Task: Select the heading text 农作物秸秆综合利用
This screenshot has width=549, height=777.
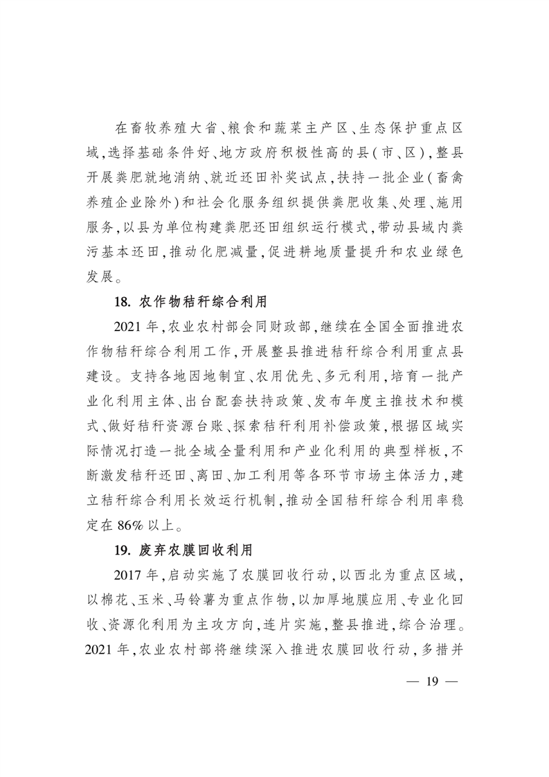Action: tap(203, 303)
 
